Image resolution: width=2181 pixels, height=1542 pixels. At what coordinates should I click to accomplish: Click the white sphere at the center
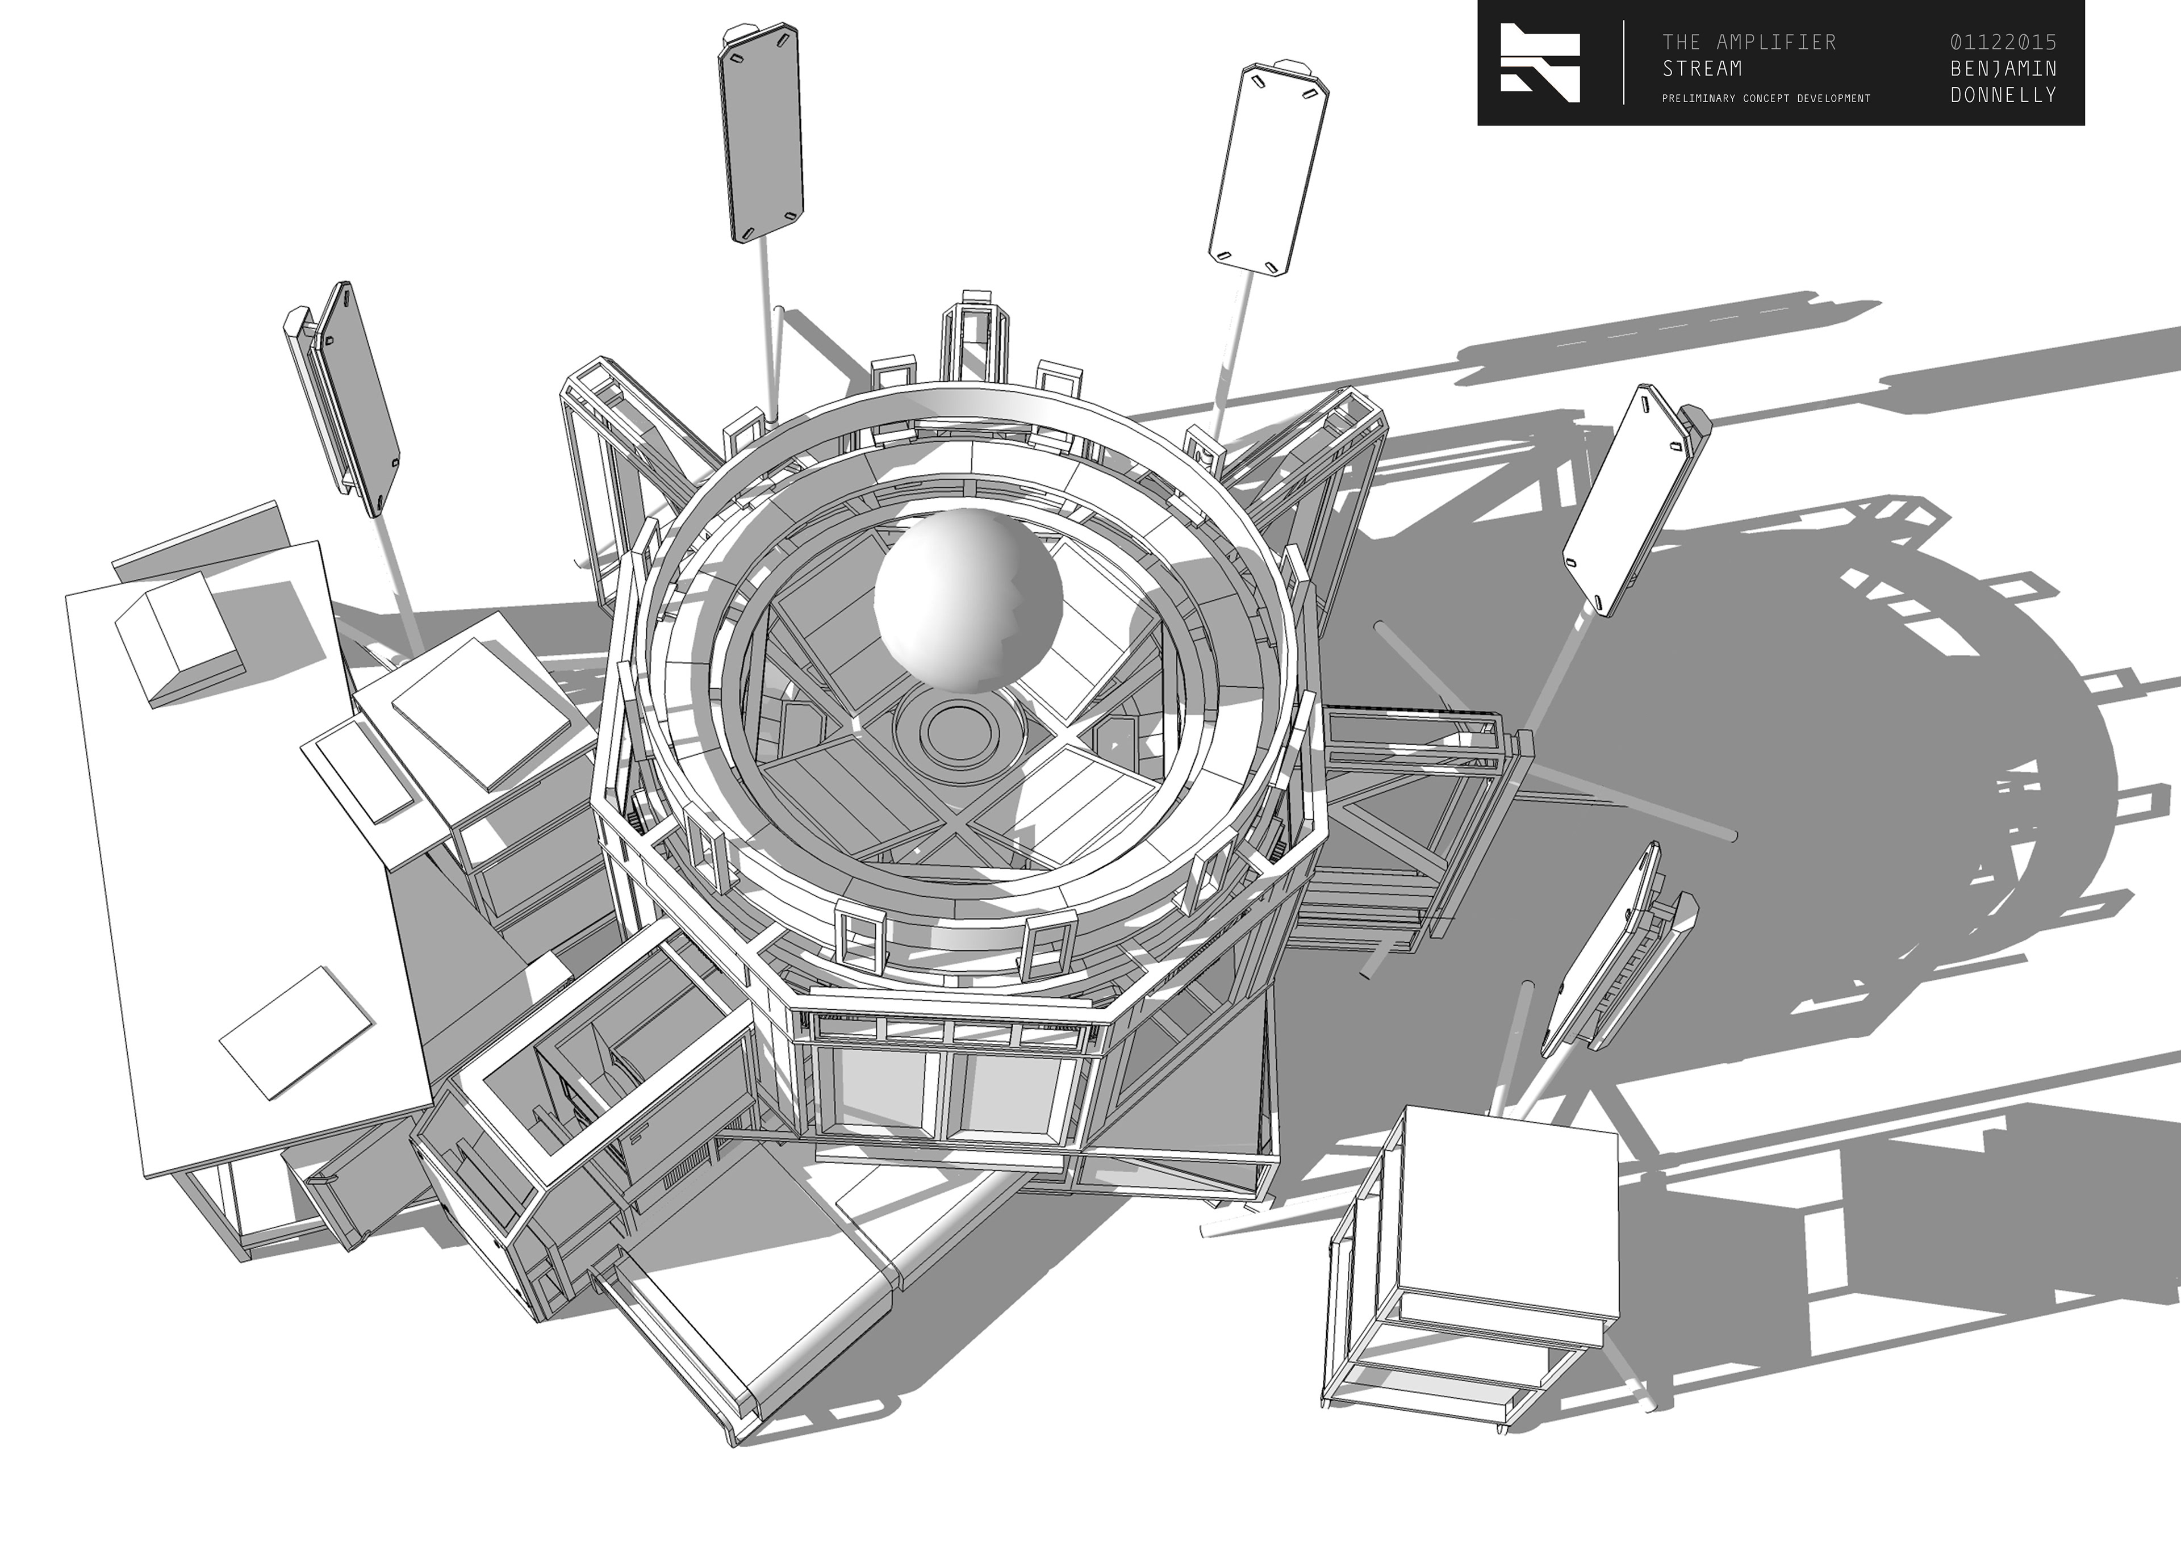[967, 600]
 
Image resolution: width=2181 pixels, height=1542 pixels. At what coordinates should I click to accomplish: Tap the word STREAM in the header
[1702, 68]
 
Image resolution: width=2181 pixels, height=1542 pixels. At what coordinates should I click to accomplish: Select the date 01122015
[2003, 42]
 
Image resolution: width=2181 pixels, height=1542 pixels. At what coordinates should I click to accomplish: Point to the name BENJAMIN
[2003, 68]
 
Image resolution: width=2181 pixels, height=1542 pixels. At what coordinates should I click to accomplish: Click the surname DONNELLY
[2003, 95]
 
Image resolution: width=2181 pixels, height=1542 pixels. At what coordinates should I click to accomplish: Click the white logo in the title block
[1540, 62]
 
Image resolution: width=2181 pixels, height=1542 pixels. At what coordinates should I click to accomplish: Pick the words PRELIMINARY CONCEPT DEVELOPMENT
[1766, 98]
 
